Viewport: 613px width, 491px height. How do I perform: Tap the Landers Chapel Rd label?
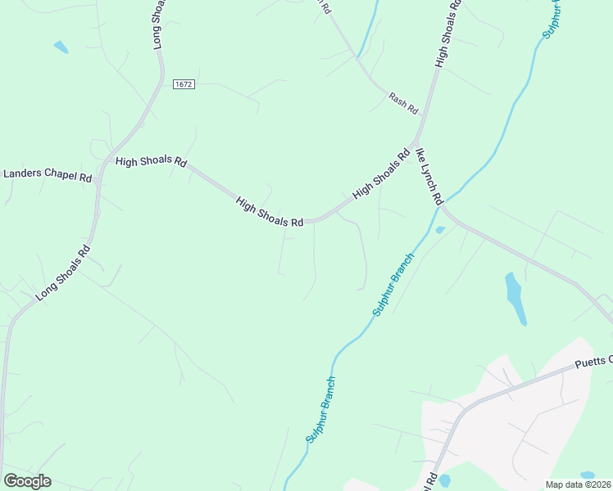[48, 174]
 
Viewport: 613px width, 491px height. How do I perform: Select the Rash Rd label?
[403, 104]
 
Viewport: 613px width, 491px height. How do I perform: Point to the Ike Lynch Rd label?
[429, 176]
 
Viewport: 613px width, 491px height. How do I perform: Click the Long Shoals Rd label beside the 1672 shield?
[161, 25]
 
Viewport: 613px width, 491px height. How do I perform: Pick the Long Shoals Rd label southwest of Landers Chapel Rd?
[62, 273]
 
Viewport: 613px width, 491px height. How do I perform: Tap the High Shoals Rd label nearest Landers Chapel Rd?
[151, 162]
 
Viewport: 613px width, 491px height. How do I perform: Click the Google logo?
[27, 481]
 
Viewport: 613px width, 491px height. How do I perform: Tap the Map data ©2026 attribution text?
[578, 484]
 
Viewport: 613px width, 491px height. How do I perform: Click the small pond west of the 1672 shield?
[61, 47]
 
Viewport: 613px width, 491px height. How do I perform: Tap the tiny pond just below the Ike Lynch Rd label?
[440, 230]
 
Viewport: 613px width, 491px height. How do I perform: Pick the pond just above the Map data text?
[587, 475]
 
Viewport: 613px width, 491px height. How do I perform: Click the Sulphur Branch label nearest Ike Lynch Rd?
[393, 285]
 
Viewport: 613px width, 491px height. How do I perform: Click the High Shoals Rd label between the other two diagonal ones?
[270, 212]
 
